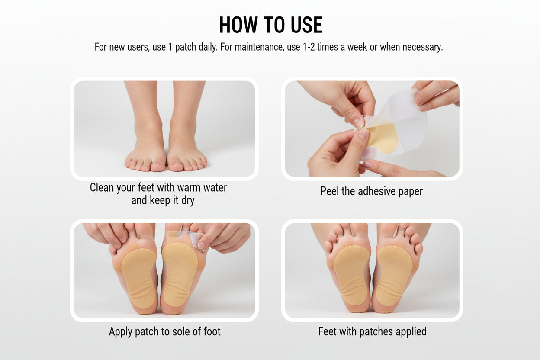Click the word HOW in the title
[x=238, y=25]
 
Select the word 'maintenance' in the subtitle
[x=259, y=47]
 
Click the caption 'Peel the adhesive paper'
[x=371, y=191]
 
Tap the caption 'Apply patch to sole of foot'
[x=165, y=332]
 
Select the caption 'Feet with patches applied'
[x=372, y=331]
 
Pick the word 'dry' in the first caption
[x=187, y=201]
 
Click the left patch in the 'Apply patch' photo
[x=138, y=277]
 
